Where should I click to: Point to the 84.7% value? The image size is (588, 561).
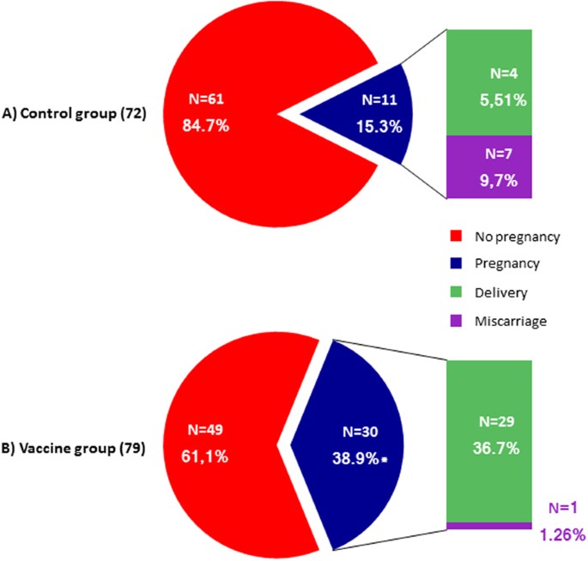pyautogui.click(x=205, y=125)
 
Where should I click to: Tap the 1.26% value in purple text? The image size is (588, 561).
pyautogui.click(x=562, y=535)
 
